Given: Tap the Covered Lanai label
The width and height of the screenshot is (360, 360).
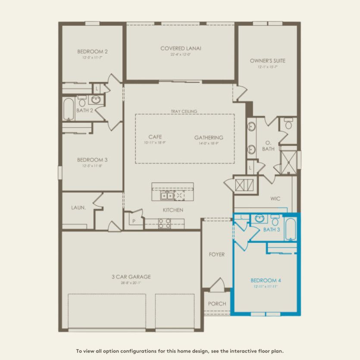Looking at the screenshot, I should click(x=181, y=48).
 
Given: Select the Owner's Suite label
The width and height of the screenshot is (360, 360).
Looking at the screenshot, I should click(x=267, y=61).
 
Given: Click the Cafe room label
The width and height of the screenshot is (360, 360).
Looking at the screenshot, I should click(x=155, y=138).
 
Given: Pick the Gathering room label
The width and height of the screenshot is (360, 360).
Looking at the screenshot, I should click(x=209, y=138).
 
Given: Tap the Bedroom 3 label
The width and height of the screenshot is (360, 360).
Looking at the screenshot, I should click(x=92, y=160).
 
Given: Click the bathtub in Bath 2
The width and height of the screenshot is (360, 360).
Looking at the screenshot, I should click(x=69, y=110).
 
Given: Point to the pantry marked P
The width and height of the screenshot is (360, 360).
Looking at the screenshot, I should click(x=134, y=221).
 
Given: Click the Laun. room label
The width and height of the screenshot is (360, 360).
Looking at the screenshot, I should click(x=78, y=207).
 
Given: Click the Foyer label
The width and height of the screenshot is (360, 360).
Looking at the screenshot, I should click(x=217, y=254).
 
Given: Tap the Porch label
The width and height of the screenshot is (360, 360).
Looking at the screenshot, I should click(x=217, y=304).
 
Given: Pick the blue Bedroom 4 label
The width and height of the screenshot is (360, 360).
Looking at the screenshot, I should click(x=266, y=280).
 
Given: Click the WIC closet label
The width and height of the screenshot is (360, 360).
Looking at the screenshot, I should click(x=275, y=199).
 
